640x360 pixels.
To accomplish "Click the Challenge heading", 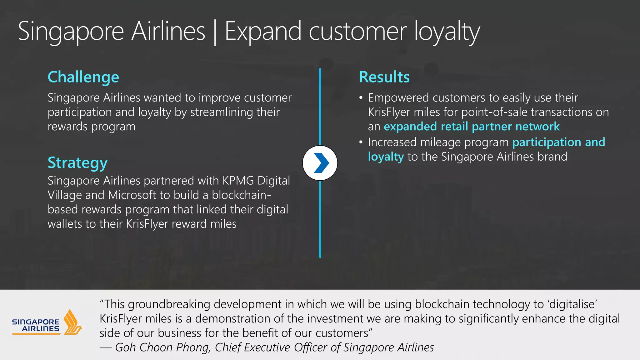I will [83, 77].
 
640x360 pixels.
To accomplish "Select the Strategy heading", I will [77, 163].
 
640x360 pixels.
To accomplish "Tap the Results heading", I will [384, 77].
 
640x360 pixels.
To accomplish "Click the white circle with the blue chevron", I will [320, 163].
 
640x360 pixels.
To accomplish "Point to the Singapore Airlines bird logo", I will [72, 322].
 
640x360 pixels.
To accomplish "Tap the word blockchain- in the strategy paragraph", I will [241, 195].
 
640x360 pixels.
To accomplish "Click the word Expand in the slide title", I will [263, 31].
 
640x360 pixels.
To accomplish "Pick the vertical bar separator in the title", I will [215, 32].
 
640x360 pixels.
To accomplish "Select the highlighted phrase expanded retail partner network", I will [472, 127].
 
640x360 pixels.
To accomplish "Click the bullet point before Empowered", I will [361, 98].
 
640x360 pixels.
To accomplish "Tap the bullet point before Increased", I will [361, 142].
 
